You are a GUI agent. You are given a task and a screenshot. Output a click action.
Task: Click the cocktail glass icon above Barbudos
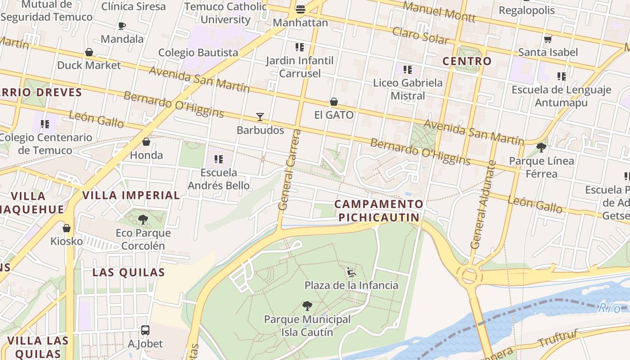point(260,117)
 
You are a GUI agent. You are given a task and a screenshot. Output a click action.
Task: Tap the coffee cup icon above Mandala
point(121,26)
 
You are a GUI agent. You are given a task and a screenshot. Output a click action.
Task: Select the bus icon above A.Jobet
point(145,330)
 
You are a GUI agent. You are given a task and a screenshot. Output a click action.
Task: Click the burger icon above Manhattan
point(301,9)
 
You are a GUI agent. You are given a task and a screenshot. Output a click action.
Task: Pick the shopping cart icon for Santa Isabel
point(548,39)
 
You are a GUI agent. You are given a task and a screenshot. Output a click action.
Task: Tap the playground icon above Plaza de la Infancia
point(351,272)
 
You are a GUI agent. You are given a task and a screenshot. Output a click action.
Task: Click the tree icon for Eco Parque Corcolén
point(143,220)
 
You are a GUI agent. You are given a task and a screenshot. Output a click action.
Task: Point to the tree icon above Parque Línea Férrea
point(541,147)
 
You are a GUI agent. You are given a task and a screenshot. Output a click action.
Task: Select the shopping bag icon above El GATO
point(334,102)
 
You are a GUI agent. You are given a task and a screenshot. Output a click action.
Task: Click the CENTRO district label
point(467,61)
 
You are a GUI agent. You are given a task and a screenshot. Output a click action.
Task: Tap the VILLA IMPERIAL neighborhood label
point(131,195)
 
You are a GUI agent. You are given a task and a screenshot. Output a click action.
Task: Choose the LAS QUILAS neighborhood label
point(129,272)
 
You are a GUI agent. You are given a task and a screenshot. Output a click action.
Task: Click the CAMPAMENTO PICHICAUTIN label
point(379,211)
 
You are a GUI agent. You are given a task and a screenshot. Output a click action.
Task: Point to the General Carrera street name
point(289,170)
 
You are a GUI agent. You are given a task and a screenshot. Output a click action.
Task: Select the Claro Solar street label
point(420,36)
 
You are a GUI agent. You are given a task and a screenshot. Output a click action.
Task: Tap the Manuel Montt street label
point(439,12)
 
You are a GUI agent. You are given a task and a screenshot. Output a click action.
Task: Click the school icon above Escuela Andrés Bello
point(219,159)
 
